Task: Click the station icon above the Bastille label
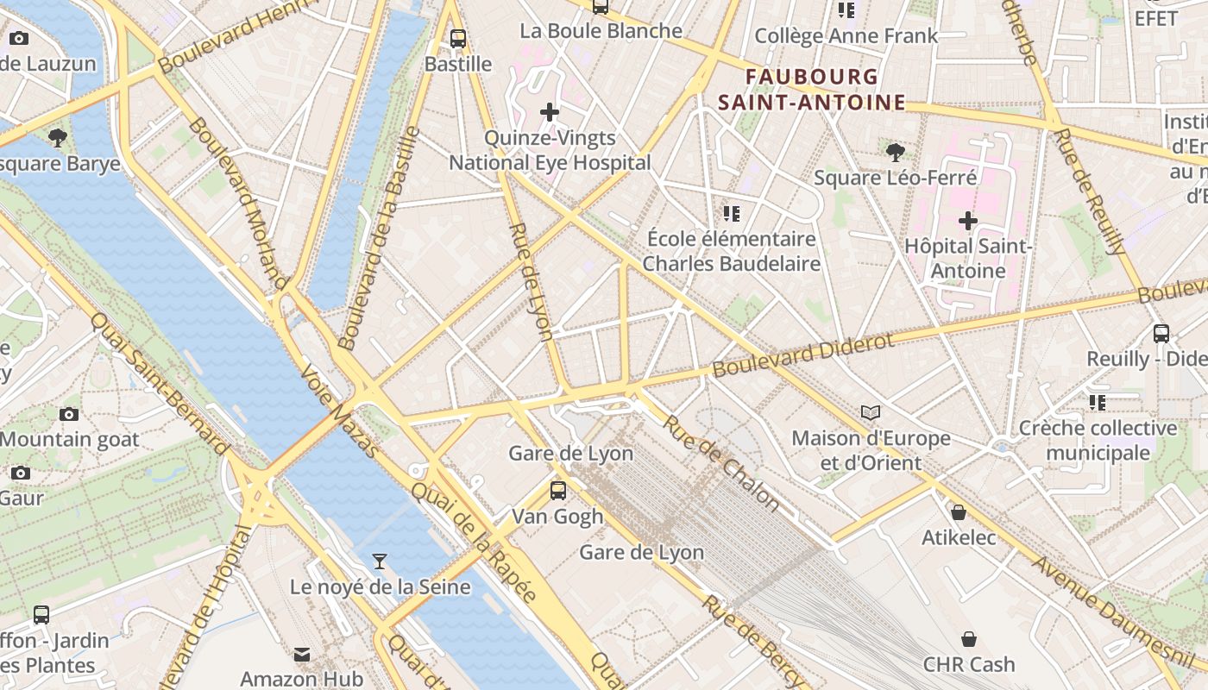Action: point(458,38)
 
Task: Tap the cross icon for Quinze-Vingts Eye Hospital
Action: point(550,112)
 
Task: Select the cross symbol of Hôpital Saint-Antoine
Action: point(968,221)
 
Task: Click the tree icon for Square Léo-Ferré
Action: point(896,153)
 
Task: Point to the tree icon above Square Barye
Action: point(58,137)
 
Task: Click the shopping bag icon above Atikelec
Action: point(958,512)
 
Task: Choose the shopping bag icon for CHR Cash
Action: point(969,639)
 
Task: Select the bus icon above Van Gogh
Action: point(558,491)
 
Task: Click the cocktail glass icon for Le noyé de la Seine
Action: point(379,561)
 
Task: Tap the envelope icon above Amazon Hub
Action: point(302,655)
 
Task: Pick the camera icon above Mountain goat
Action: point(69,415)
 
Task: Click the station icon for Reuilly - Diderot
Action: point(1161,334)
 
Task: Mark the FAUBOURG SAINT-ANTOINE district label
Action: point(812,90)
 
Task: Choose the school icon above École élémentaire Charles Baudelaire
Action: point(732,213)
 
